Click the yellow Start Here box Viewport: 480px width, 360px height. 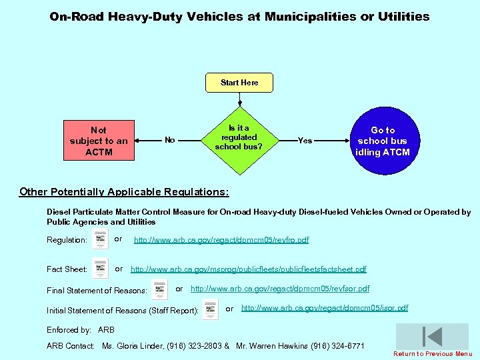pos(239,83)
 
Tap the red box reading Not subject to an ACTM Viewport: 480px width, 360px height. pos(99,141)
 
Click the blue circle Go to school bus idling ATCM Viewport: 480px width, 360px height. pos(382,141)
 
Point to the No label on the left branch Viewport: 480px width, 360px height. pos(170,140)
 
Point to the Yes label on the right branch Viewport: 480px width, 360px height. pos(305,141)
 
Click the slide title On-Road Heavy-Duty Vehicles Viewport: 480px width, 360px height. pos(239,17)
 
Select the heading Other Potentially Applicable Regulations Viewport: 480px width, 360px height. pos(124,192)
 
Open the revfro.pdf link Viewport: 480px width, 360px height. pos(221,240)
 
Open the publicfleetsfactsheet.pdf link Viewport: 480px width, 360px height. pos(248,269)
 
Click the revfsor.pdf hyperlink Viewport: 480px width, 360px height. pos(279,289)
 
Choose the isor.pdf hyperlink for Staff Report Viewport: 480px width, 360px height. pos(324,308)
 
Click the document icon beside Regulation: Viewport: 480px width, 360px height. pos(100,239)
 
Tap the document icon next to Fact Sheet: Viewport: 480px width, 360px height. pos(100,268)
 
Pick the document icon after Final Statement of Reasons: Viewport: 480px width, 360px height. pos(159,289)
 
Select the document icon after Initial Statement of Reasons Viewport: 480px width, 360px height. pos(210,309)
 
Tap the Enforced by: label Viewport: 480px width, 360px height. pos(69,330)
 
